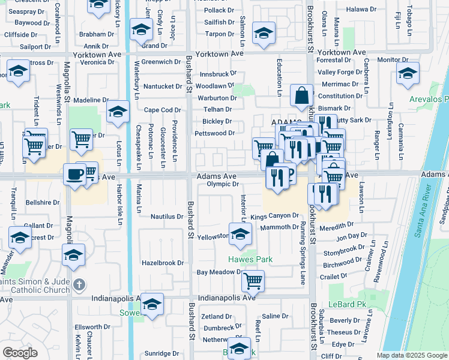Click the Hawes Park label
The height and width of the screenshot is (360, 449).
tap(250, 259)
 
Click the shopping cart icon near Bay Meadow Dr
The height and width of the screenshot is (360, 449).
tap(253, 280)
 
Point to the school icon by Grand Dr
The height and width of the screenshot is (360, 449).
tap(141, 29)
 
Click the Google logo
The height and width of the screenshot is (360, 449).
tap(20, 352)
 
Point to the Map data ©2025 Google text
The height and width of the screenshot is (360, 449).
tap(411, 355)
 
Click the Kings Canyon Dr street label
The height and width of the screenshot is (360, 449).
tap(274, 215)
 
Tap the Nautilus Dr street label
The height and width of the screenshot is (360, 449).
tap(166, 216)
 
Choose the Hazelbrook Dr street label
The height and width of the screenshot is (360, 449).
tap(162, 263)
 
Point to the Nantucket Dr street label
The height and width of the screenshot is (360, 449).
tap(162, 86)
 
